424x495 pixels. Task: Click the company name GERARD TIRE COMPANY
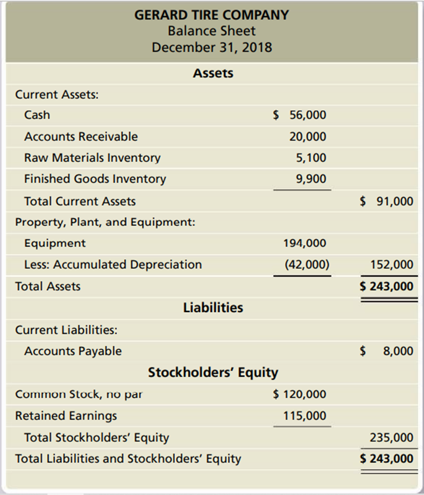point(212,15)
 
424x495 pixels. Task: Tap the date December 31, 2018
point(212,48)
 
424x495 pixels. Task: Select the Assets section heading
point(213,73)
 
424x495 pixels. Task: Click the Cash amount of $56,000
point(300,115)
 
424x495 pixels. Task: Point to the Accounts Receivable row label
point(81,137)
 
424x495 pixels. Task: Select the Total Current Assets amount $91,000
point(387,201)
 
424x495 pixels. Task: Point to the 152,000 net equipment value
point(392,264)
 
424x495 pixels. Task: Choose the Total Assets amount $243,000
point(387,287)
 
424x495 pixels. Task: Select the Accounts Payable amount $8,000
point(387,351)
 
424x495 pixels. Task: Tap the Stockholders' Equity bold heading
point(213,373)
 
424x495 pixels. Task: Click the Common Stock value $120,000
point(300,394)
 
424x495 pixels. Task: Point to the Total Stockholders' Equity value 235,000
point(392,438)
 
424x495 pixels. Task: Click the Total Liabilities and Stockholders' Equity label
point(128,459)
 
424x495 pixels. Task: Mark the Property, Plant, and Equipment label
point(105,222)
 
